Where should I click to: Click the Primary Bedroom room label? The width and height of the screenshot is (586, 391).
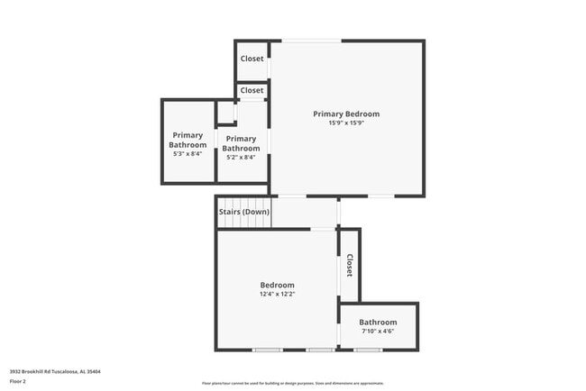click(346, 114)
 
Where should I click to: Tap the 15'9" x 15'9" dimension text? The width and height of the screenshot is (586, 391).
click(346, 123)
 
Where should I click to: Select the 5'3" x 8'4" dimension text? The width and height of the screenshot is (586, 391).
click(188, 154)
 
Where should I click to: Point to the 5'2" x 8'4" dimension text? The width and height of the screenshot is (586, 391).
click(241, 158)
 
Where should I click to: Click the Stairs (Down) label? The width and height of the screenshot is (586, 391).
click(243, 212)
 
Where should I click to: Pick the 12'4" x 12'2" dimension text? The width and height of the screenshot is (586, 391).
click(277, 294)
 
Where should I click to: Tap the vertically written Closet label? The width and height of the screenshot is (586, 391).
click(349, 265)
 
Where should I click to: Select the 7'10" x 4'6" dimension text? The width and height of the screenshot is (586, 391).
click(378, 331)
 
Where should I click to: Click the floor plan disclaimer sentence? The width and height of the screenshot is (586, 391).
click(293, 383)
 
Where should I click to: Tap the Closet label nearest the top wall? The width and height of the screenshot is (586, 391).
click(252, 59)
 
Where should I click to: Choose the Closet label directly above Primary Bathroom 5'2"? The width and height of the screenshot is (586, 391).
click(252, 90)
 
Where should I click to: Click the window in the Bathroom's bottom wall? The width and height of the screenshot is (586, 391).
click(367, 350)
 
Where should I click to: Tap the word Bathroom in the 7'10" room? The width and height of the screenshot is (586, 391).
click(378, 322)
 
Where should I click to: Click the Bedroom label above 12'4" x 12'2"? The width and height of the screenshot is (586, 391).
click(277, 285)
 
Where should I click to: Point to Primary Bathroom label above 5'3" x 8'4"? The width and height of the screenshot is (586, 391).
click(188, 140)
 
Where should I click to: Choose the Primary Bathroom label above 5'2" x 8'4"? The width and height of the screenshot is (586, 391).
click(241, 143)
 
